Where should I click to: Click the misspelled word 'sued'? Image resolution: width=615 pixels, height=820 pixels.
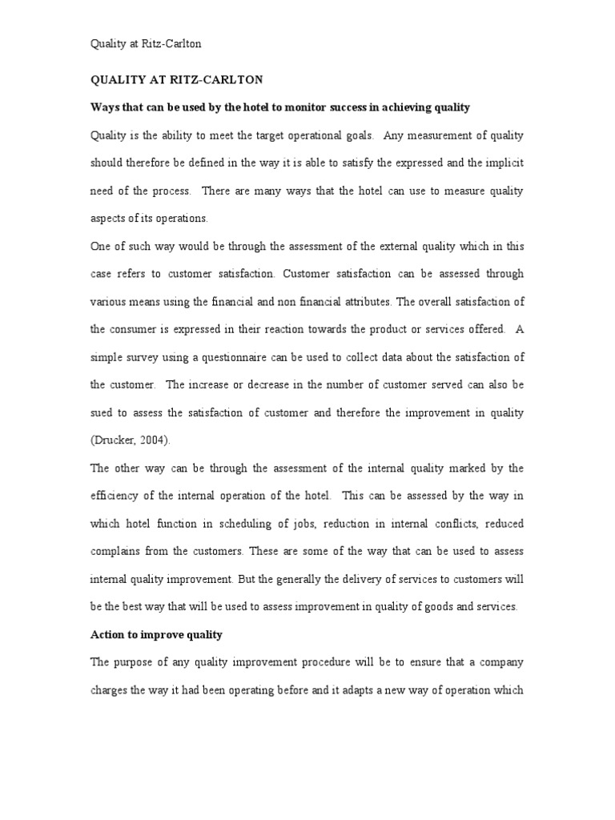point(100,412)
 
